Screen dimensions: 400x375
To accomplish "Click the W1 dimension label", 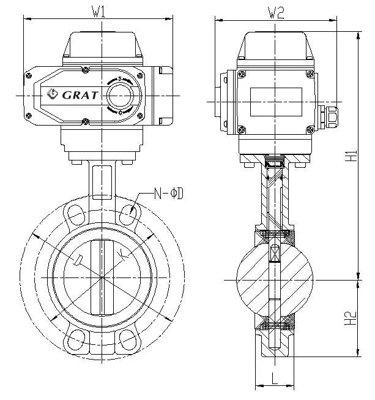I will click(98, 12).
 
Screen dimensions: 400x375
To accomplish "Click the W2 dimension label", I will click(277, 12).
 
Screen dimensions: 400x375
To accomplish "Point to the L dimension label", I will click(275, 379).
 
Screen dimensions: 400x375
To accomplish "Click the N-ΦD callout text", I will click(169, 194).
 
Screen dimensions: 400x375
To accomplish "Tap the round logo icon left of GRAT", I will click(52, 94).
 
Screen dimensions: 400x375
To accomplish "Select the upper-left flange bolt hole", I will click(75, 214).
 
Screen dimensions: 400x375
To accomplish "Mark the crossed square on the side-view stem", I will click(275, 253).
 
